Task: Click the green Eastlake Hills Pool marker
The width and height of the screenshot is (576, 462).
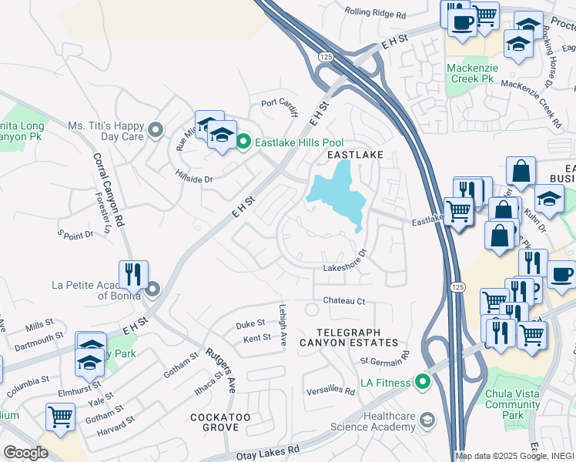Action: coord(243,142)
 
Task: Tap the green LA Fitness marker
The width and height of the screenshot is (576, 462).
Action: coord(422,381)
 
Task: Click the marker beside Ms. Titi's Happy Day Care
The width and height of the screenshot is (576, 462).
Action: coord(156,130)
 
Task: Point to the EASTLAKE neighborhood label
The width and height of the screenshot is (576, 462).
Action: coord(354,155)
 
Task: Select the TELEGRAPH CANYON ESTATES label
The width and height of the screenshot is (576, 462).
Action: coord(360,342)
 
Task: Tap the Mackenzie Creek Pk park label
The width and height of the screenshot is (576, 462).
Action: coord(470,73)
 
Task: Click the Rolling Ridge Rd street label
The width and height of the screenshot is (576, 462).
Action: coord(375,14)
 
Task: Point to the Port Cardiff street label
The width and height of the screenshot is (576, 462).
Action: coord(279,102)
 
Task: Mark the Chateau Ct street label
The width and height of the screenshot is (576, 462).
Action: coord(343,301)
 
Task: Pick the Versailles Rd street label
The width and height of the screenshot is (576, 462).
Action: coord(330,390)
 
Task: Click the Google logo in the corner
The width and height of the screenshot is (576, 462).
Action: coord(25,452)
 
